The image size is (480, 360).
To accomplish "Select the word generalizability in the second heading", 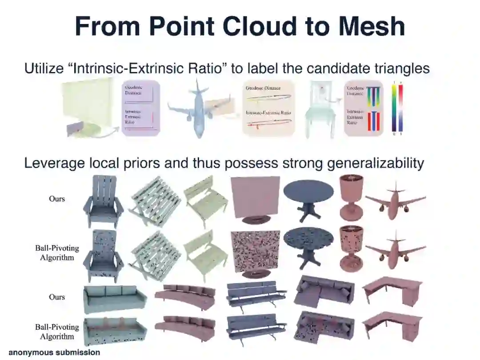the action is pyautogui.click(x=376, y=163).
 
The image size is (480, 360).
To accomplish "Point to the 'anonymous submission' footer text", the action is pyautogui.click(x=54, y=352).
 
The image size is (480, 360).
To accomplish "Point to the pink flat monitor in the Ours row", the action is pyautogui.click(x=256, y=198).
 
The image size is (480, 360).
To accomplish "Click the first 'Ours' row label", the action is pyautogui.click(x=57, y=199).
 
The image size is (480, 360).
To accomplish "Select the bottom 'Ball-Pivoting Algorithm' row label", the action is pyautogui.click(x=57, y=332).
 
